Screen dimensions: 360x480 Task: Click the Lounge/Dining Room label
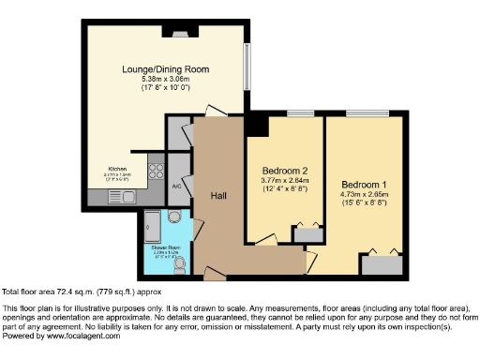click(x=164, y=69)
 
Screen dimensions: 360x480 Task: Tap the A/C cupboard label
click(x=176, y=187)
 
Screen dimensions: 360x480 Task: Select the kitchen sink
click(x=126, y=198)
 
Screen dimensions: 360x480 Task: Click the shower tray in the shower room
click(x=152, y=224)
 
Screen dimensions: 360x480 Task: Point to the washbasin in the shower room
click(x=174, y=217)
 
